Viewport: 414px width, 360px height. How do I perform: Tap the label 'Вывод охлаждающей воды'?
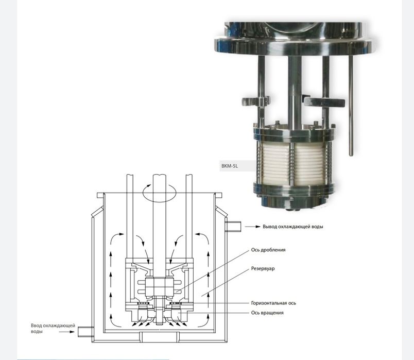point(292,227)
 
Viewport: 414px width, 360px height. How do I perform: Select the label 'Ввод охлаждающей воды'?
point(53,328)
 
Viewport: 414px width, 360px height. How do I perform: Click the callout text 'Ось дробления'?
point(268,250)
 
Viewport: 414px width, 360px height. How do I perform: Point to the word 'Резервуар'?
point(263,269)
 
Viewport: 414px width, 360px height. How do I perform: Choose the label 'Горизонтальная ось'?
point(273,303)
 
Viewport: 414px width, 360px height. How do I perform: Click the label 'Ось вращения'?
point(267,313)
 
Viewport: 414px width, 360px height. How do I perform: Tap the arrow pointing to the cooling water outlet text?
point(253,227)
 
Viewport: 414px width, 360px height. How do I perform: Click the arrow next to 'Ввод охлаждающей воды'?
point(67,332)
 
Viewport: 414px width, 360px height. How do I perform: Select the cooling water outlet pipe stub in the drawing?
point(233,227)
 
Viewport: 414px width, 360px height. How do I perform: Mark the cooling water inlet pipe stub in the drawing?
point(86,332)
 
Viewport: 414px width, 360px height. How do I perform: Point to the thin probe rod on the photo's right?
point(351,106)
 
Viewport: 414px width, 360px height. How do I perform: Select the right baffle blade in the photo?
point(324,102)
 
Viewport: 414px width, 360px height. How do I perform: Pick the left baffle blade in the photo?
point(255,101)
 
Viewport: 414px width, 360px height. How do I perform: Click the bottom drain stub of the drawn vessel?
point(159,336)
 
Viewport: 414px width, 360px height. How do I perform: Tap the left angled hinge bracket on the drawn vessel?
point(97,212)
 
